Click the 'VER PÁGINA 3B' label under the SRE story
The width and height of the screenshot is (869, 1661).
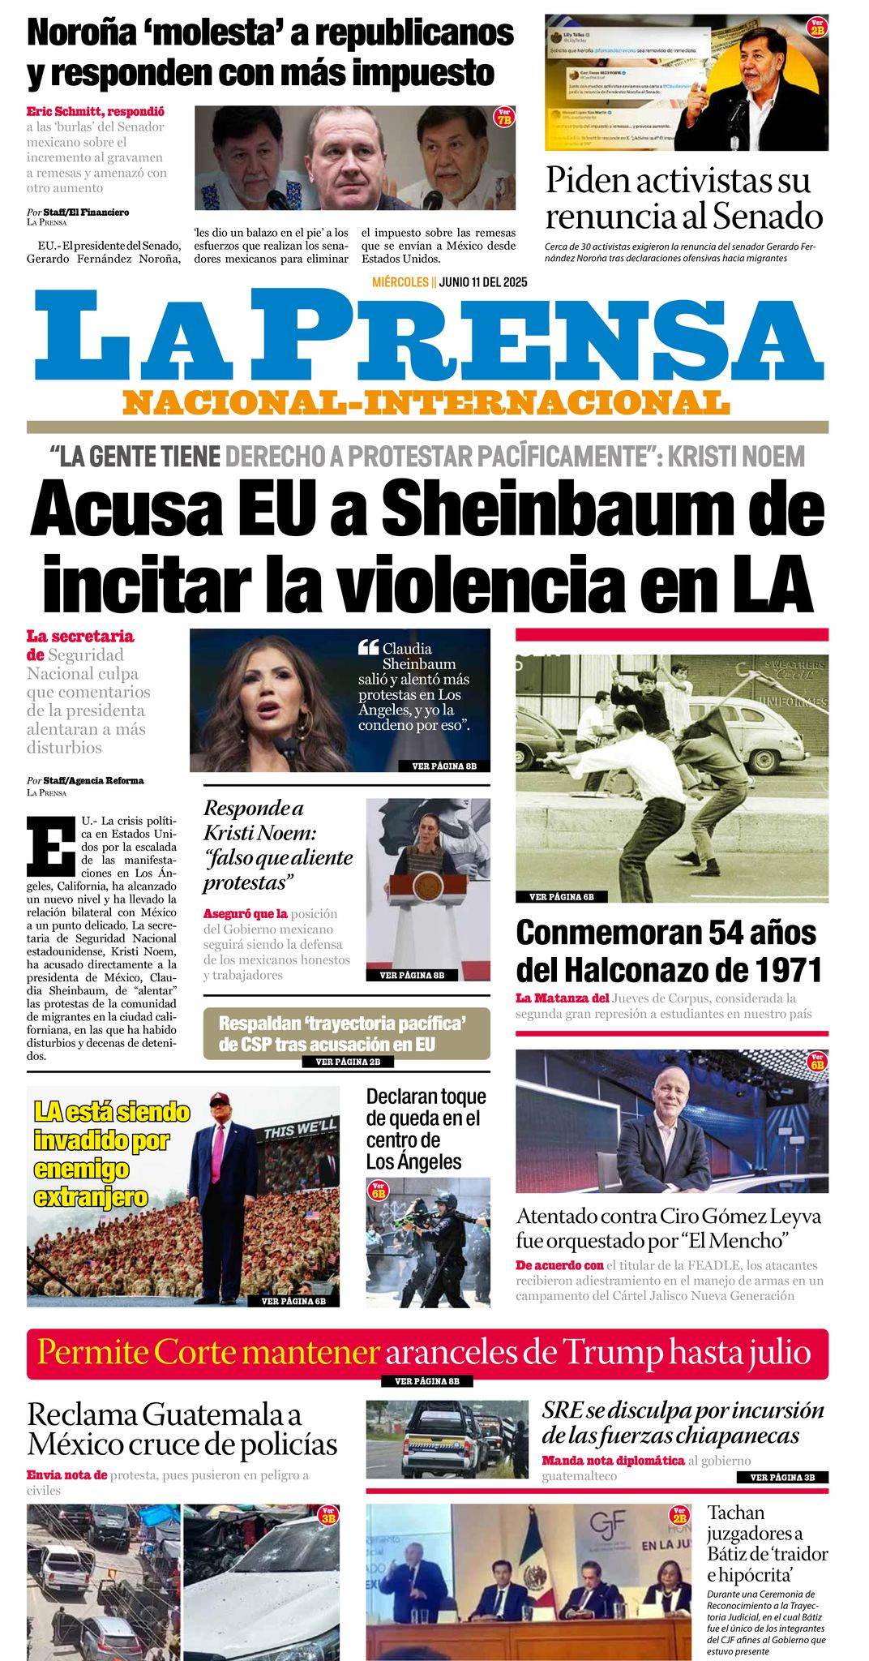click(783, 1478)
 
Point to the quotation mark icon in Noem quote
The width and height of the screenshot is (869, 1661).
click(369, 647)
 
